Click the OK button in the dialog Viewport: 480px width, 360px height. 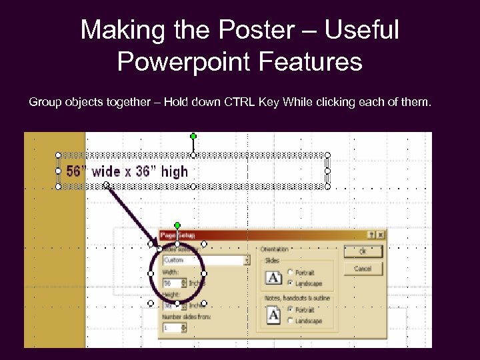363,252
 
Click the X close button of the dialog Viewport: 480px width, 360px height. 381,235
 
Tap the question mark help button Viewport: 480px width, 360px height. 371,235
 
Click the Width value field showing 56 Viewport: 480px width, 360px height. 170,283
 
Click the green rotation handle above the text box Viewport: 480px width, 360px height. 193,136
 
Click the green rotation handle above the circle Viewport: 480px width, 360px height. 177,225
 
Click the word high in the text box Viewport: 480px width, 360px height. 175,171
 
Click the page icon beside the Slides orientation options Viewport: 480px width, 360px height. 273,277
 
